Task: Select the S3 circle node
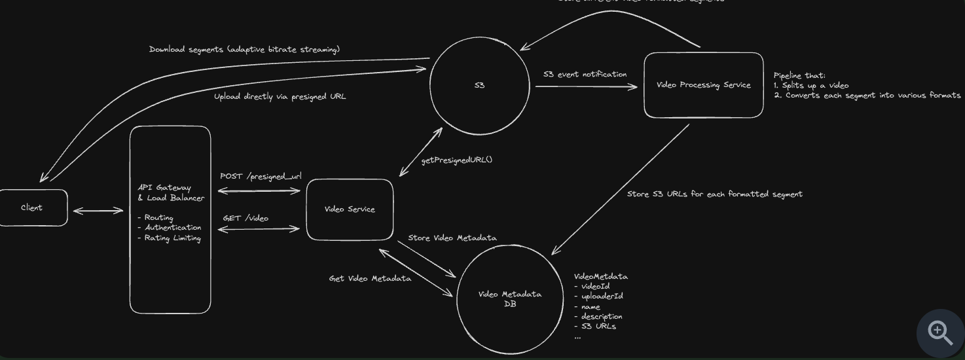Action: (x=479, y=86)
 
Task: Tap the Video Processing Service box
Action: (x=703, y=85)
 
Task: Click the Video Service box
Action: (x=350, y=209)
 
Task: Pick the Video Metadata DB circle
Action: (x=510, y=298)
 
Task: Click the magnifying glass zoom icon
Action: (x=940, y=333)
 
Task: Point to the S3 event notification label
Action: (x=585, y=75)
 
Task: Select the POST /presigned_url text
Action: (x=261, y=176)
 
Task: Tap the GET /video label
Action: (x=246, y=218)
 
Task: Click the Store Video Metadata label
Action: (x=452, y=238)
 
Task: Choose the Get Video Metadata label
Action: (x=370, y=279)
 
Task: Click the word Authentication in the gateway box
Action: (x=173, y=228)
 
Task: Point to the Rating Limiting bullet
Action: (x=172, y=238)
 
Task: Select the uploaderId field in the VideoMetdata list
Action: (x=602, y=296)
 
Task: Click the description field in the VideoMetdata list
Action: (x=601, y=316)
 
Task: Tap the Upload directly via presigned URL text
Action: (x=280, y=97)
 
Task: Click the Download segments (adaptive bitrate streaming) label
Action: (x=244, y=50)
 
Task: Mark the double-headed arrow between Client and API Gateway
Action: (x=98, y=211)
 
